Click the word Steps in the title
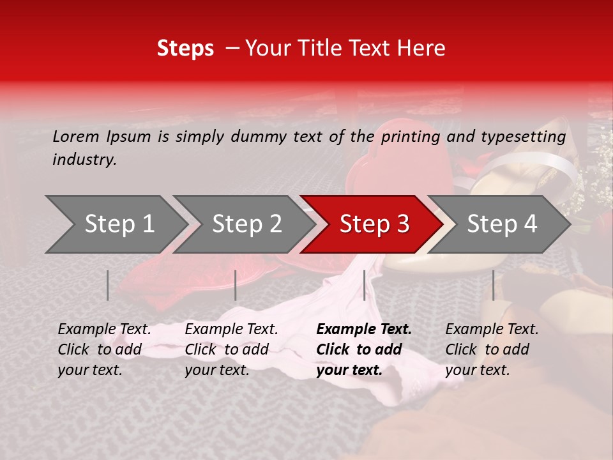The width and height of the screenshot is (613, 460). coord(185,49)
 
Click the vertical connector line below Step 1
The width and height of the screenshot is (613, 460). coord(108,285)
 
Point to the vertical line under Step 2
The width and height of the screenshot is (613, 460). coord(236,285)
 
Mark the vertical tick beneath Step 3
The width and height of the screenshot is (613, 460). coord(364,285)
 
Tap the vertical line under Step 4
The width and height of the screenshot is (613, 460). coord(493,285)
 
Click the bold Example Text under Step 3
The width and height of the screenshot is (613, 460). coord(364,330)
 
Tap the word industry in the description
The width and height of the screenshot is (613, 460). coord(84,160)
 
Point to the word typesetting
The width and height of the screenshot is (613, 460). coord(523,136)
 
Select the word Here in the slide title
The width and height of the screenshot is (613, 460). coord(421,49)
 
